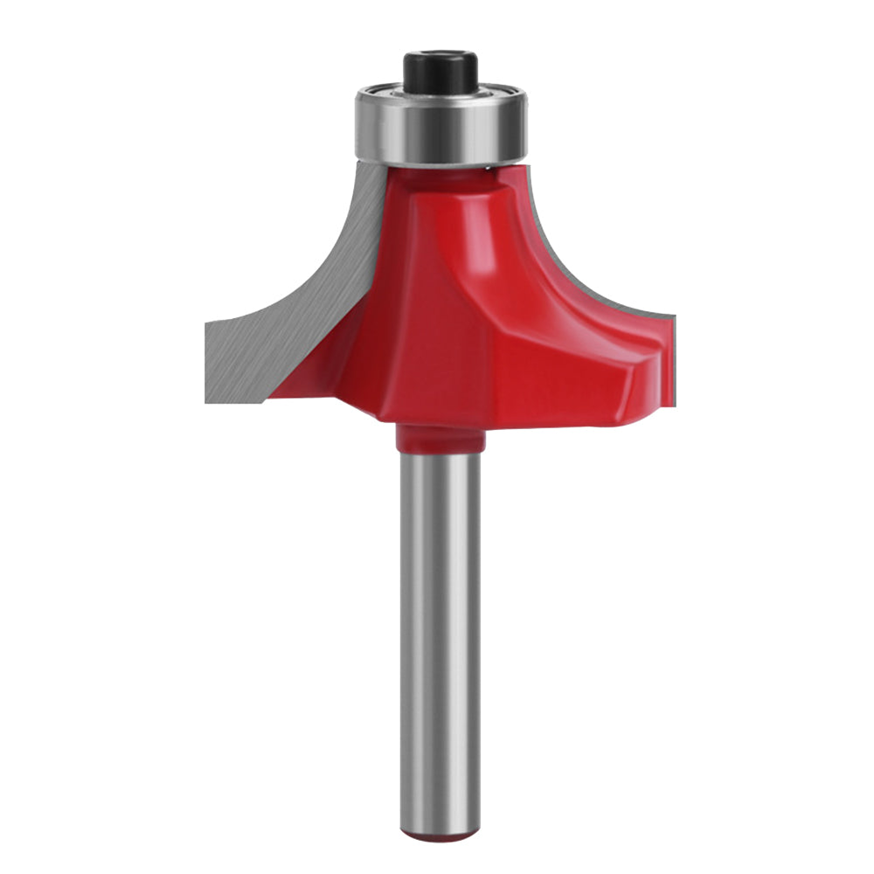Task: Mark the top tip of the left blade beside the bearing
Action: coord(365,166)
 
